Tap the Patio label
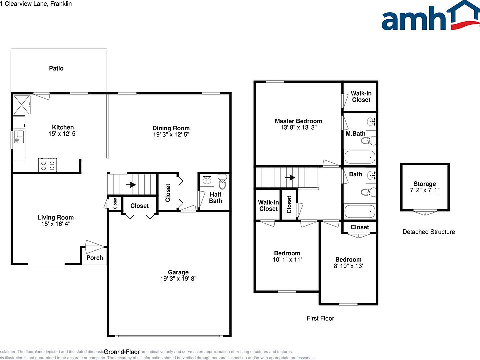(x=56, y=68)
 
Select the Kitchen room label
(x=63, y=127)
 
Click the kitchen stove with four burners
(x=48, y=165)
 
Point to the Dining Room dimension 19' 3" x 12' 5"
(x=171, y=135)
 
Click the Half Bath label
(x=216, y=198)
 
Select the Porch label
(x=95, y=258)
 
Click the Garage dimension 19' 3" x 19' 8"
(x=171, y=279)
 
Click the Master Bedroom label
(x=298, y=121)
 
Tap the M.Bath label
(x=354, y=133)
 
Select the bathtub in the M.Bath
(x=360, y=157)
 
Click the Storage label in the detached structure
(x=424, y=184)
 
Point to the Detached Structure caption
(x=429, y=232)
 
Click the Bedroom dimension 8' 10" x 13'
(x=348, y=266)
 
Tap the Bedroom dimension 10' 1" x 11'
(x=287, y=260)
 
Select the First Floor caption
(x=320, y=318)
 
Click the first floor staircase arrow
(x=289, y=177)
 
